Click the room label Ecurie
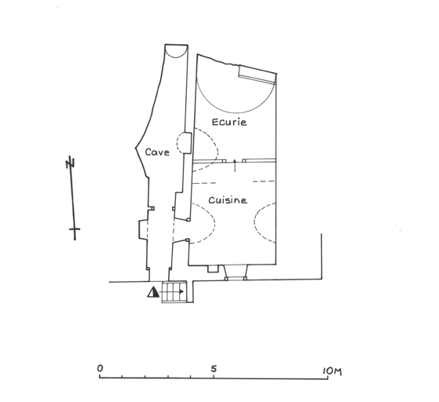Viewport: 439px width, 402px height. (x=229, y=122)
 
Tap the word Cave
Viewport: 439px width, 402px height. (x=157, y=152)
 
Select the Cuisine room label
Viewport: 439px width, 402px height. (x=228, y=200)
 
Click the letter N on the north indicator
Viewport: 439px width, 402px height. (x=70, y=163)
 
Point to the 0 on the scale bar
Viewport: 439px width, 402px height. (x=100, y=368)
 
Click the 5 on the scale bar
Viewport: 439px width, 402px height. (x=214, y=369)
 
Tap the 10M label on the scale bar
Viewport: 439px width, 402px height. (x=332, y=371)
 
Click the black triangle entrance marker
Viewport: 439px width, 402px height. (x=153, y=292)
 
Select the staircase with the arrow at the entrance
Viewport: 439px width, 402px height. (x=174, y=292)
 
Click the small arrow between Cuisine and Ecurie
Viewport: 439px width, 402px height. (x=235, y=165)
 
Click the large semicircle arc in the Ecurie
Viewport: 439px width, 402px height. (x=236, y=111)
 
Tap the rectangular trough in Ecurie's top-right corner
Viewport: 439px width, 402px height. (x=257, y=74)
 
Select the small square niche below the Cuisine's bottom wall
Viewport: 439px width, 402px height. (x=213, y=269)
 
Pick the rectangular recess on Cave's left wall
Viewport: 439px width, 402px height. (x=143, y=229)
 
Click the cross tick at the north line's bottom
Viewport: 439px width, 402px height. (x=75, y=229)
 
